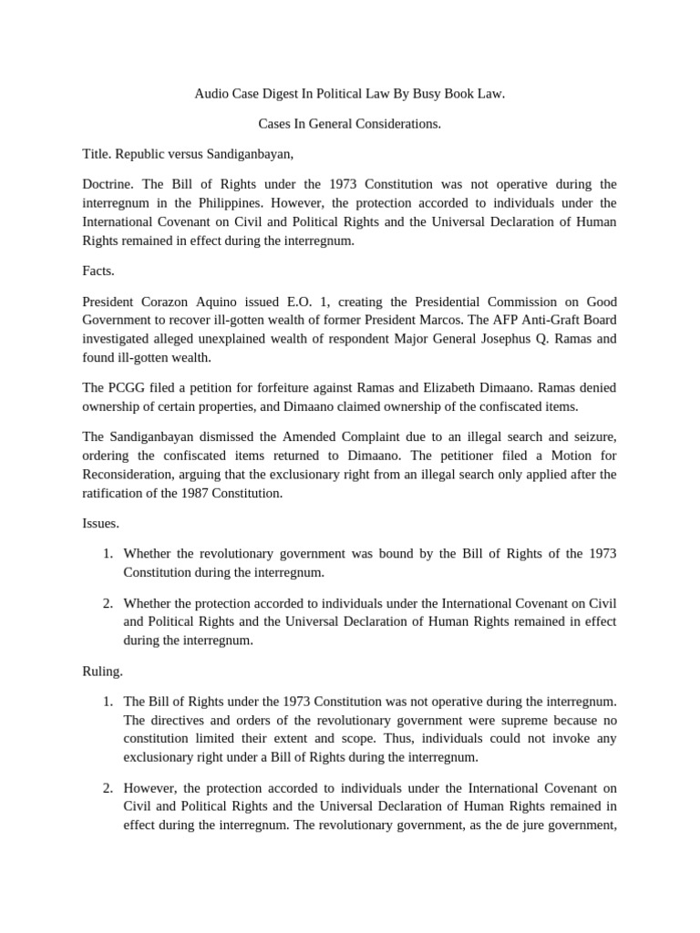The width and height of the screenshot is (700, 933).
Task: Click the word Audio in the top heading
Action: (211, 94)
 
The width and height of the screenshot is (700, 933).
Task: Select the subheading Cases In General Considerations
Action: (350, 123)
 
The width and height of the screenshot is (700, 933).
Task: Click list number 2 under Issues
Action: (107, 603)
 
